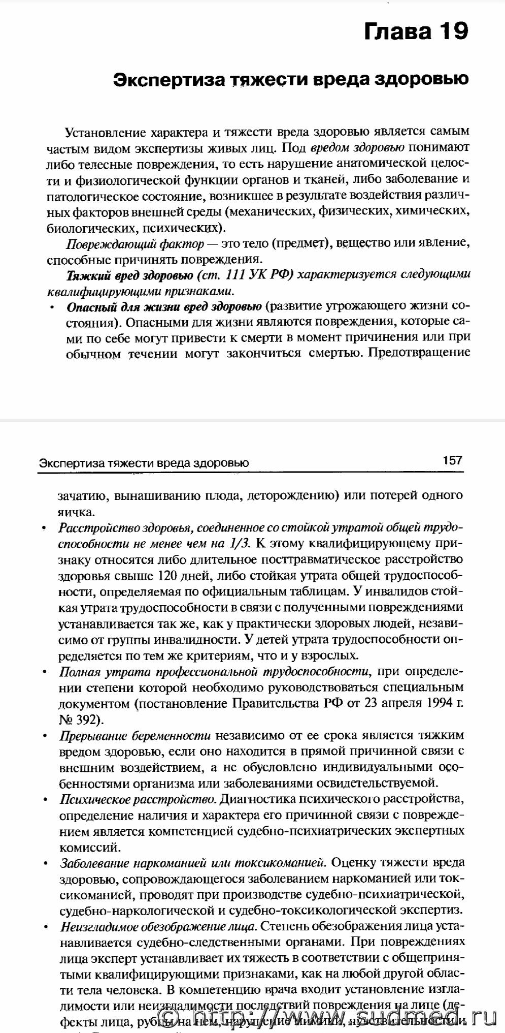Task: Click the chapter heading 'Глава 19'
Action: point(416,32)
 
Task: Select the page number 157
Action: point(452,460)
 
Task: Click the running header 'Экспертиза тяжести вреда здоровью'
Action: point(144,463)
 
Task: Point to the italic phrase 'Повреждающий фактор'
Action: point(135,244)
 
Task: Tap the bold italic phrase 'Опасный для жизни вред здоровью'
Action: point(164,307)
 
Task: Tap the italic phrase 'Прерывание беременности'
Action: point(135,736)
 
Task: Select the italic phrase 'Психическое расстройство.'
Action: point(138,800)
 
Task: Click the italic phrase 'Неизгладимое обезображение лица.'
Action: point(158,927)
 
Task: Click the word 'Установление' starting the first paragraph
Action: point(105,133)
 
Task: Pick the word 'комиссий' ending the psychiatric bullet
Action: point(83,848)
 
